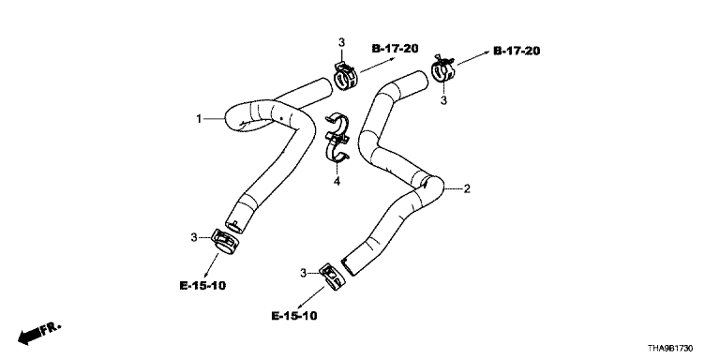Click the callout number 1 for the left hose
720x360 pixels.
[x=199, y=119]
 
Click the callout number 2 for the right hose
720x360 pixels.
[x=467, y=188]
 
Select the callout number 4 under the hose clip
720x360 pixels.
[x=337, y=181]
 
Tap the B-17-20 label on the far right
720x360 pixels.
[x=517, y=51]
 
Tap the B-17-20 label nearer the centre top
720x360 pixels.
[x=395, y=48]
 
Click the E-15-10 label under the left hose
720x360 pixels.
[x=202, y=286]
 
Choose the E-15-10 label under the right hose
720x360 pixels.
[x=294, y=316]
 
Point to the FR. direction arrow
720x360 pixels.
[x=39, y=334]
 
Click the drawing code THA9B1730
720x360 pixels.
[x=670, y=349]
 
